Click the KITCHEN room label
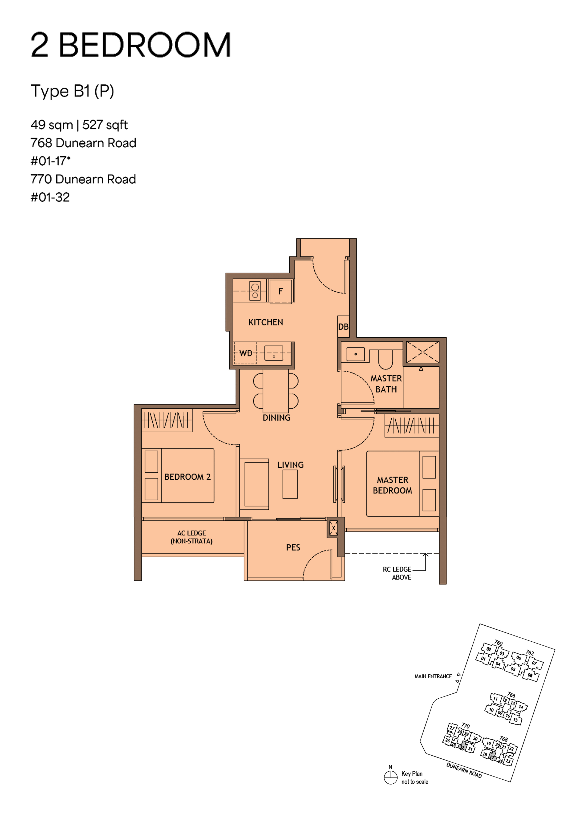pos(266,322)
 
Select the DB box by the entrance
pos(343,327)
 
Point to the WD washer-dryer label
pos(246,353)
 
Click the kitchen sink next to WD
pos(274,353)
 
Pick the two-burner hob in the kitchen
pos(255,291)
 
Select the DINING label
pos(276,418)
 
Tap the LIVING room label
pos(290,465)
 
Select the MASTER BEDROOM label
pos(393,485)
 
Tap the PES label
pos(293,547)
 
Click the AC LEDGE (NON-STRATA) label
pos(191,537)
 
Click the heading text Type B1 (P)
pos(72,91)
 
